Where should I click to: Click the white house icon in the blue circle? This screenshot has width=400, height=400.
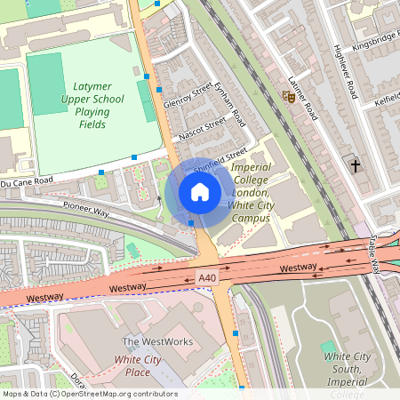coord(200,192)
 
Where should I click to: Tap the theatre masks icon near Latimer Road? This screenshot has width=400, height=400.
coord(288,95)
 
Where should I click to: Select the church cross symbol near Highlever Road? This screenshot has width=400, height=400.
coord(356,165)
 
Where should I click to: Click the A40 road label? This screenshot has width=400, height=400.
coord(207,278)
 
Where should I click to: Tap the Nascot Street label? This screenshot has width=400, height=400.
coord(203,131)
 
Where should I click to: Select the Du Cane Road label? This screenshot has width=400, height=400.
coord(27,180)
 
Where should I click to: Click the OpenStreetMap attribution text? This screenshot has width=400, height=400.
coord(89,394)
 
